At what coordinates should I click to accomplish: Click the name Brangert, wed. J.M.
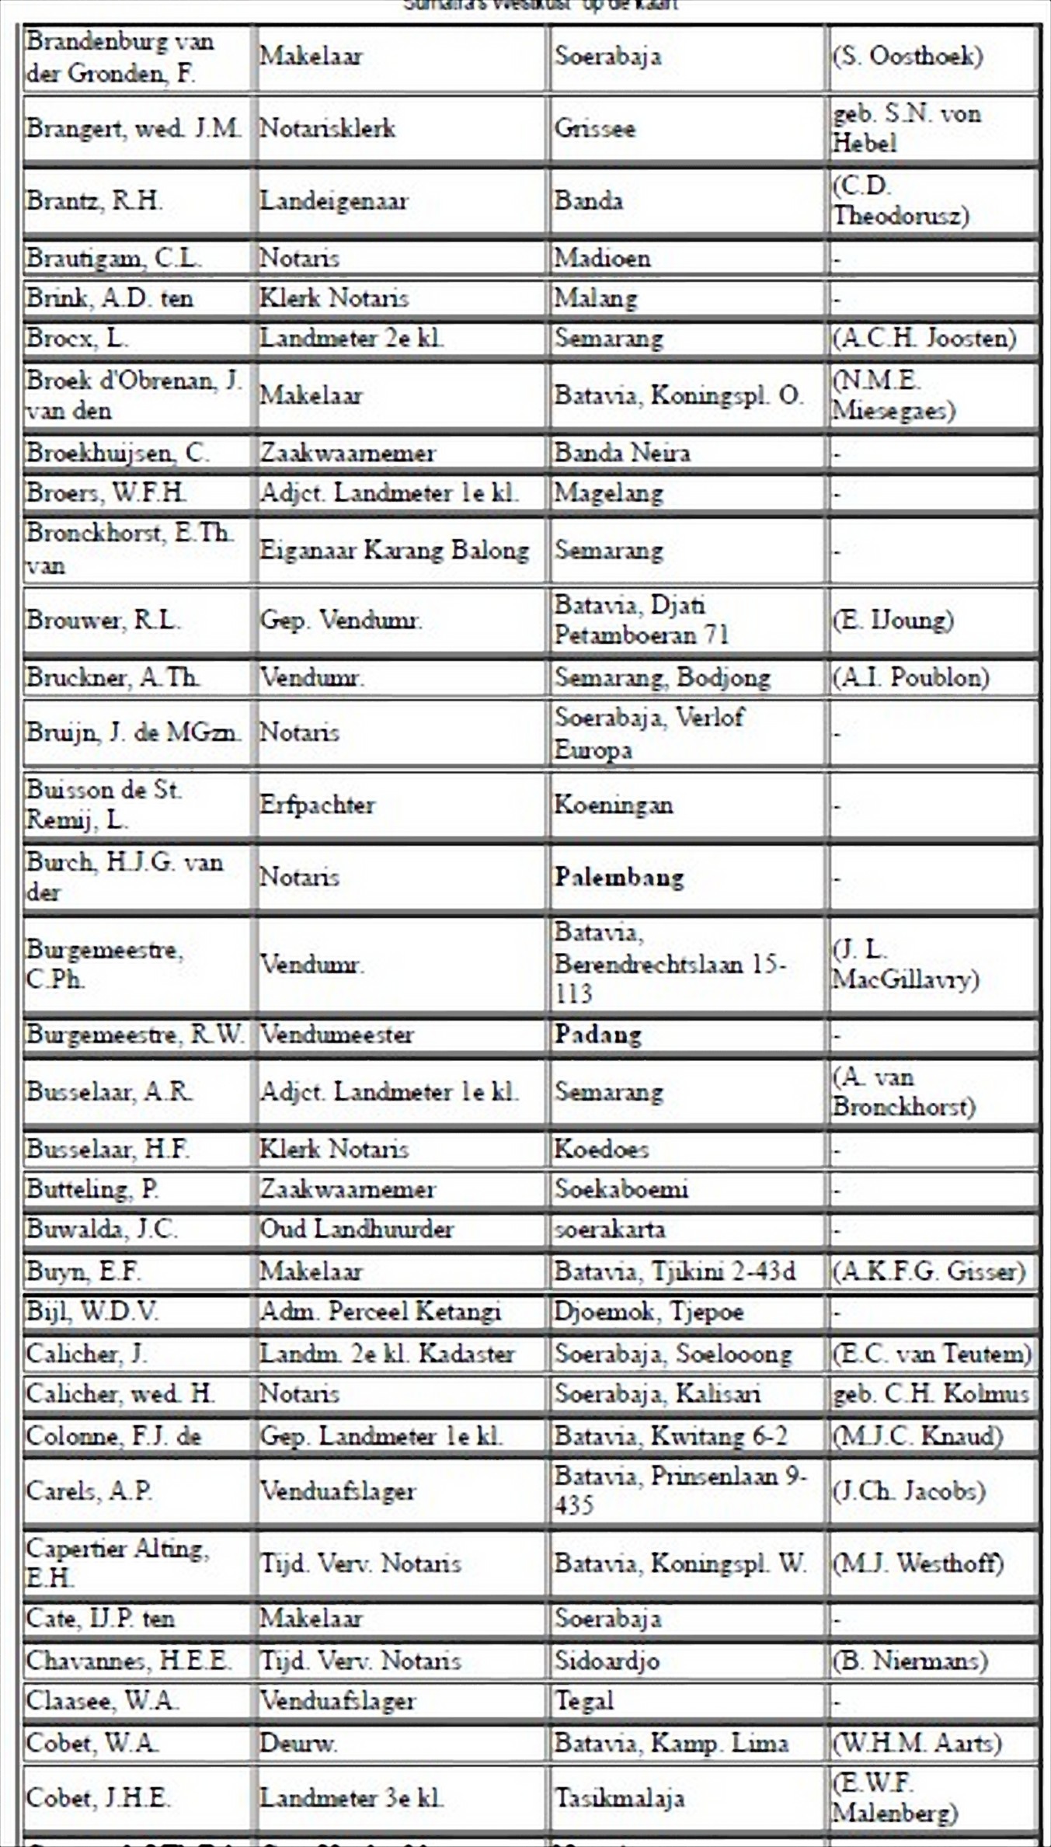click(133, 128)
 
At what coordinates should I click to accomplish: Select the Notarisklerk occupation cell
click(327, 128)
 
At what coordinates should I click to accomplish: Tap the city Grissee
click(594, 128)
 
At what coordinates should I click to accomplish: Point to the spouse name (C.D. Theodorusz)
click(900, 200)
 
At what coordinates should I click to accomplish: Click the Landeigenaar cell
click(333, 201)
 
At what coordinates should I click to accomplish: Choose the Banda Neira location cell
click(621, 453)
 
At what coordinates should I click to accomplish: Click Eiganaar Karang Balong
click(394, 551)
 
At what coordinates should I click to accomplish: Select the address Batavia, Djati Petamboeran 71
click(640, 620)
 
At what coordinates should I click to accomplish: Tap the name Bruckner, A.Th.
click(113, 677)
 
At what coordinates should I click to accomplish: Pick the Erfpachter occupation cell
click(317, 805)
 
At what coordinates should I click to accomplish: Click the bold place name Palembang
click(618, 877)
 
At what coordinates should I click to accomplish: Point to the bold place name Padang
click(597, 1035)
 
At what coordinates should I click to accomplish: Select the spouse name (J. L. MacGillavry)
click(905, 964)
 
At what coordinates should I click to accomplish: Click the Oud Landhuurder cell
click(356, 1230)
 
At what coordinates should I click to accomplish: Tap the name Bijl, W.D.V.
click(92, 1312)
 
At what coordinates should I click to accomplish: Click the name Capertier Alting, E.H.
click(117, 1563)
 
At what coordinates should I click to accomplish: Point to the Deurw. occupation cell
click(298, 1744)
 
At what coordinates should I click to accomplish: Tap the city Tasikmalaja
click(619, 1798)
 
